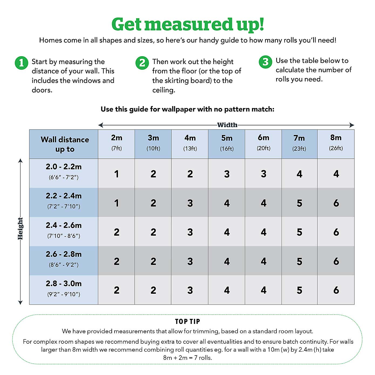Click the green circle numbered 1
point(21,63)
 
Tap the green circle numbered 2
point(142,63)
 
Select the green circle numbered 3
point(265,62)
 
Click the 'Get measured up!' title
point(187,24)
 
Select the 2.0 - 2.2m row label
point(64,171)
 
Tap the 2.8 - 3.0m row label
point(64,288)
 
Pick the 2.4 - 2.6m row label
point(64,230)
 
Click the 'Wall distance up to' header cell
point(65,144)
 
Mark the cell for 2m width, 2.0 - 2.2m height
point(117,174)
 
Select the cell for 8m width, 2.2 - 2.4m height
point(336,203)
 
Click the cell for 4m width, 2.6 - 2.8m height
point(190,261)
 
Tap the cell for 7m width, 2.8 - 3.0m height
point(299,290)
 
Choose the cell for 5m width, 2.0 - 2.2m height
point(227,174)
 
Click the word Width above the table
point(227,125)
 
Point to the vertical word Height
point(20,228)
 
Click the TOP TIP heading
point(187,322)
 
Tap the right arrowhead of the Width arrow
point(352,125)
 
